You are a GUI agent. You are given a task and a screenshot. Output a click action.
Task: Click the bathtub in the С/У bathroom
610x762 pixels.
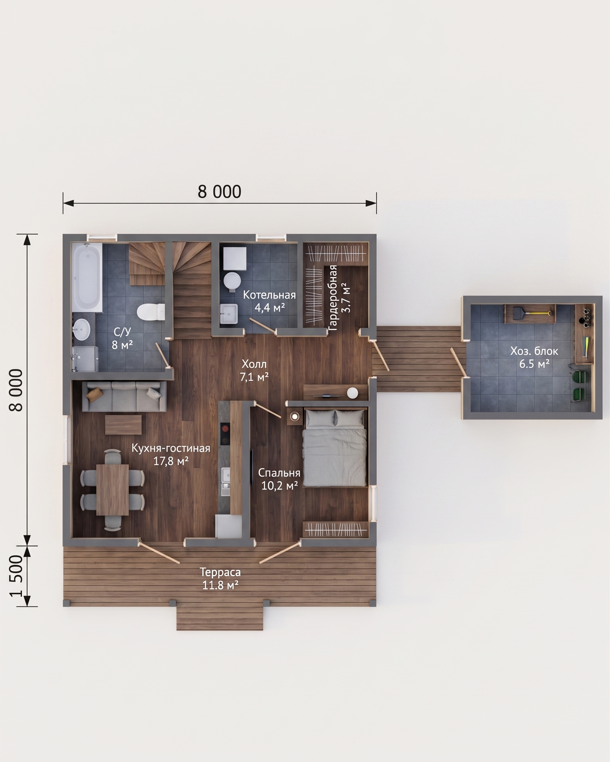[87, 277]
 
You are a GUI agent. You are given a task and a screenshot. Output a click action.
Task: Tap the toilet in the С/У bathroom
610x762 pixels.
[151, 312]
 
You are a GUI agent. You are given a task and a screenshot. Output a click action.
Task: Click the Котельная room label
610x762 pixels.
[269, 295]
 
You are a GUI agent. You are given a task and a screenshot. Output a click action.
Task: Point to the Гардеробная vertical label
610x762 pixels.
[333, 298]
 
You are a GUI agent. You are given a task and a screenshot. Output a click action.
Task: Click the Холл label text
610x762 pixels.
[254, 364]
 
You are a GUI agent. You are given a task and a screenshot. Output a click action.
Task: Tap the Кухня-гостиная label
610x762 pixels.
[171, 448]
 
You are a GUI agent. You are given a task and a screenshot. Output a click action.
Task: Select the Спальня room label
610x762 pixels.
[279, 473]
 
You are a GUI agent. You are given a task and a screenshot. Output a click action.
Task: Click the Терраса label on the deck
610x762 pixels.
[220, 572]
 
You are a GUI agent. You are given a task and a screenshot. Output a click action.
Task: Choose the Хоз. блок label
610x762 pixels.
[534, 351]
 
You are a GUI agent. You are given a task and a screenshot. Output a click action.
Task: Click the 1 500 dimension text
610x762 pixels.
[17, 576]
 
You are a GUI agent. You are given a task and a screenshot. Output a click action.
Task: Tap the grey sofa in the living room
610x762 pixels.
[124, 396]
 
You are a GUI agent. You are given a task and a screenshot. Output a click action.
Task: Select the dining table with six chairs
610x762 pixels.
[112, 490]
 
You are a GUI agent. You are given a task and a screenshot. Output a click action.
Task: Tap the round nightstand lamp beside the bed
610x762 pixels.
[294, 417]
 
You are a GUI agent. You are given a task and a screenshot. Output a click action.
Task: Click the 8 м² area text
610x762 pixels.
[122, 345]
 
